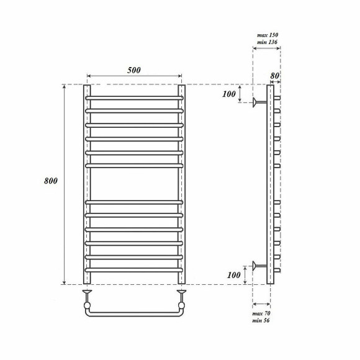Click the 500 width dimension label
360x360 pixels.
tap(134, 70)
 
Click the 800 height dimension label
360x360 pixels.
tap(51, 181)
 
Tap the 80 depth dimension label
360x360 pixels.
tap(275, 76)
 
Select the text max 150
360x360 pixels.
tap(268, 35)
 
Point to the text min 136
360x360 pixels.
tap(268, 42)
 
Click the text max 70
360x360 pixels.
tap(261, 313)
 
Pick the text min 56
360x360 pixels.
tap(261, 320)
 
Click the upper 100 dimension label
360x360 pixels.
tap(229, 94)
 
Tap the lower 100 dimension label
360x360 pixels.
tap(234, 275)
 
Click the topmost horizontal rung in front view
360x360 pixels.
tap(134, 98)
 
